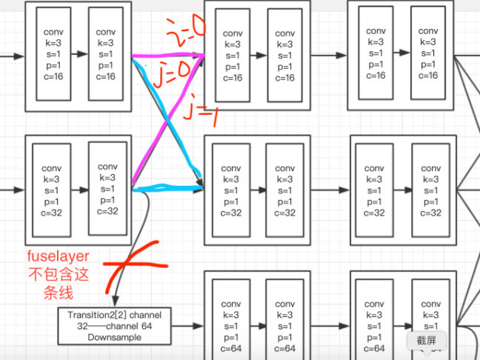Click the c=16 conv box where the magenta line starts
click(107, 53)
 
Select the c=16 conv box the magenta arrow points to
click(232, 55)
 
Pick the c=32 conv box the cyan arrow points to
click(231, 190)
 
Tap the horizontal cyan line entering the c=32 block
click(169, 190)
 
